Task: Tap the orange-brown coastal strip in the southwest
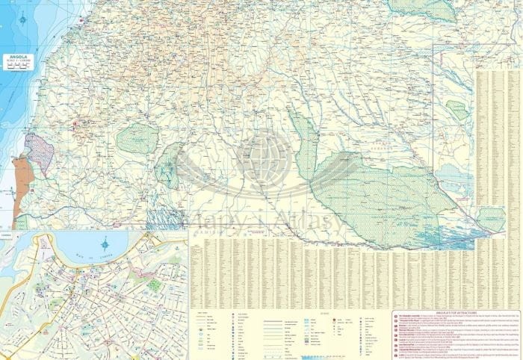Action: tap(21, 190)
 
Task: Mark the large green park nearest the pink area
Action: tap(137, 137)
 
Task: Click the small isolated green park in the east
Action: tap(457, 112)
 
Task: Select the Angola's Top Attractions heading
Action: tap(456, 316)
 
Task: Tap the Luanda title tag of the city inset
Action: tap(7, 234)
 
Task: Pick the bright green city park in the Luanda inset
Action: tap(153, 285)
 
